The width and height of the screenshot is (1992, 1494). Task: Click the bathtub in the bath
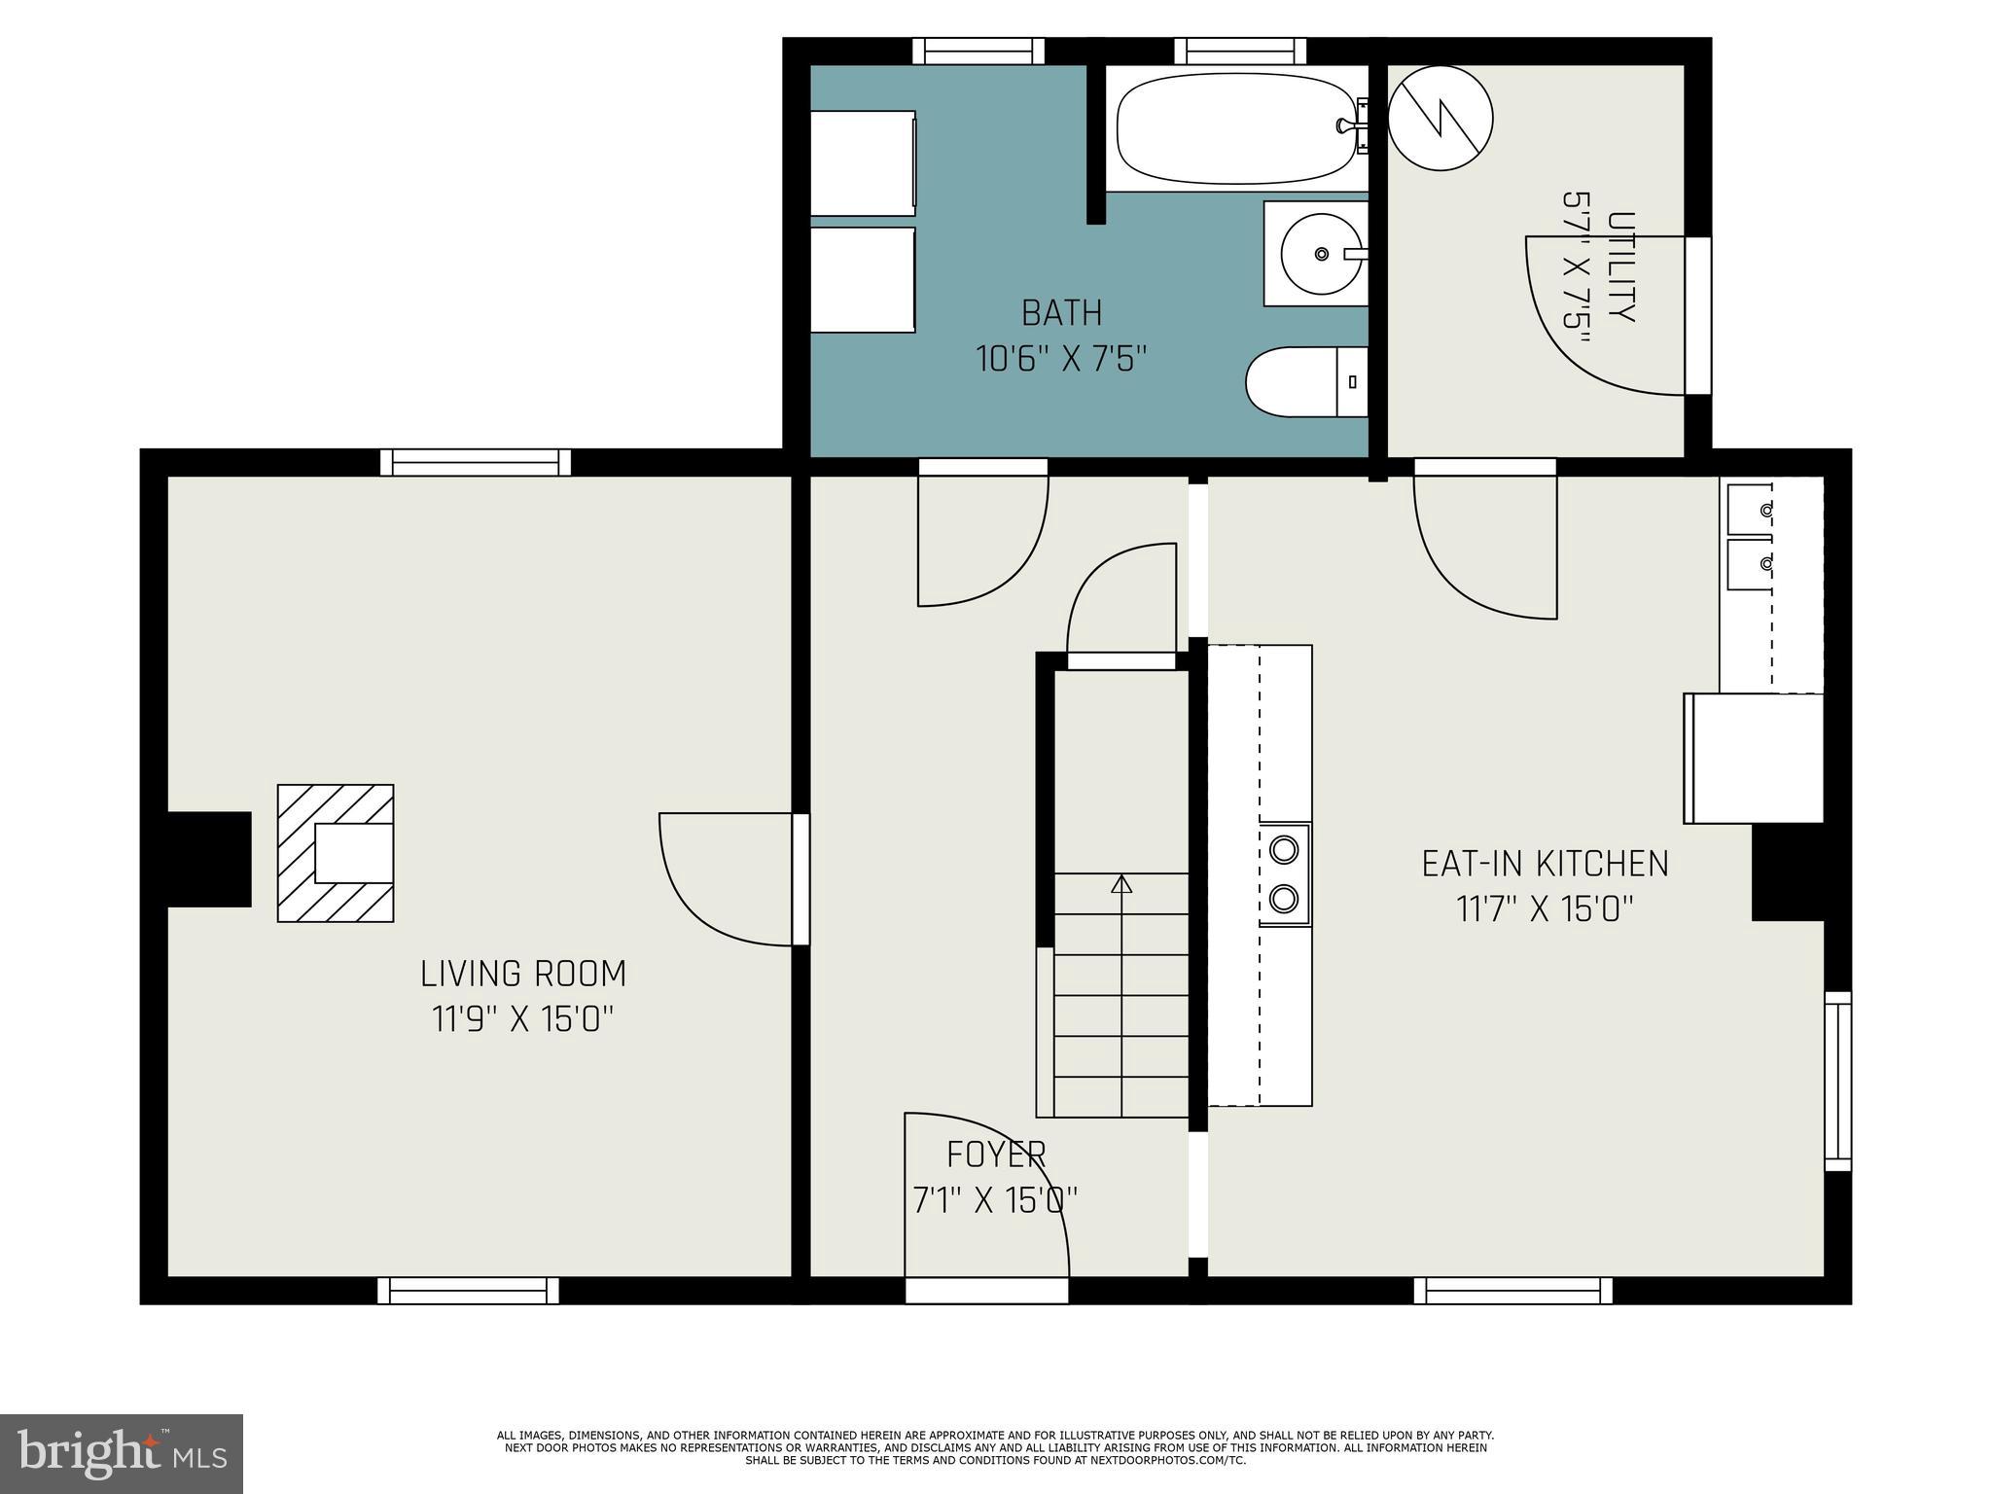(x=1235, y=129)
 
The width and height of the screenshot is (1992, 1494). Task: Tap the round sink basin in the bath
(x=1320, y=254)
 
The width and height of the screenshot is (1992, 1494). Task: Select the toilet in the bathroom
(x=1303, y=382)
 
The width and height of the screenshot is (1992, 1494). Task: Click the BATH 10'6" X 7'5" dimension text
(x=1061, y=359)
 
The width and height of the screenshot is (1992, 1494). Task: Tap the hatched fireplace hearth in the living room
(x=336, y=853)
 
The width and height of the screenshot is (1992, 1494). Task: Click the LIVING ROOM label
(x=523, y=974)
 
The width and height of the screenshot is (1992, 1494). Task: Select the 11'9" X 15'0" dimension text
(x=523, y=1019)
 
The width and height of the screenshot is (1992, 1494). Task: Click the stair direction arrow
(x=1121, y=884)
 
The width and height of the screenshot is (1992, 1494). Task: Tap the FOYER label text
(x=996, y=1155)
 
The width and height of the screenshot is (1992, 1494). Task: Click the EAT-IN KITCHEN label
(x=1545, y=864)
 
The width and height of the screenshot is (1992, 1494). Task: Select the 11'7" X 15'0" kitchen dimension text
(x=1545, y=909)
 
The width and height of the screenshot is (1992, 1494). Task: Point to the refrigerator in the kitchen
(x=1754, y=758)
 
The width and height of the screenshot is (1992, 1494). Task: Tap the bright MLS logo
(x=122, y=1454)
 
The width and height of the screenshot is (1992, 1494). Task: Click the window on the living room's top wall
(x=476, y=462)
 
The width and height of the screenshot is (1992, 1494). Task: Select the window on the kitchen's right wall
(x=1837, y=1081)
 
